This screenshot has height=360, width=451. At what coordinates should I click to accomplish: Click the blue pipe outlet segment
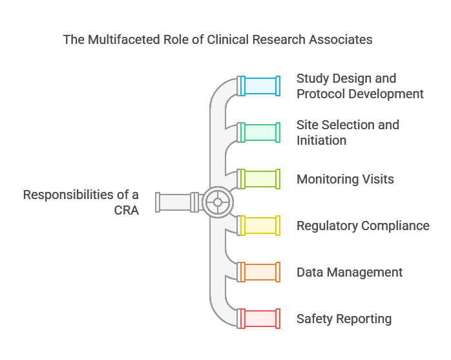(x=260, y=86)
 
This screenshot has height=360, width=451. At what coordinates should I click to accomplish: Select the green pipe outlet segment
(x=260, y=132)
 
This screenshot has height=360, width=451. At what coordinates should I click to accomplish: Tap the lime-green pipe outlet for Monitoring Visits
(x=260, y=179)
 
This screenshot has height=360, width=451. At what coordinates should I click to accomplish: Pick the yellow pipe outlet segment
(x=260, y=226)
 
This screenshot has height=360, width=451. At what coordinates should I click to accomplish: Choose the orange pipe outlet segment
(x=260, y=272)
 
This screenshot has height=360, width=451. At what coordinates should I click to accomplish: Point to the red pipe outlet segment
(x=260, y=319)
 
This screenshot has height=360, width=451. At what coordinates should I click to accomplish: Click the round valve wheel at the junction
(x=218, y=202)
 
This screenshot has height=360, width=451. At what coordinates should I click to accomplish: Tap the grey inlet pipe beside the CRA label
(x=174, y=202)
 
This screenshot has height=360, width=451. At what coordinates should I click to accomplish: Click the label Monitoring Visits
(x=345, y=179)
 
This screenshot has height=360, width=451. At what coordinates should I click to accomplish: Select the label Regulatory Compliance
(x=362, y=226)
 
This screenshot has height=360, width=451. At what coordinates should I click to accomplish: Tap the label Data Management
(x=349, y=272)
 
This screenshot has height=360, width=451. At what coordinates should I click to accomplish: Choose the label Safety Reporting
(x=344, y=319)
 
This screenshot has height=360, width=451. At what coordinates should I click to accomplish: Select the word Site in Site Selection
(x=308, y=125)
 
